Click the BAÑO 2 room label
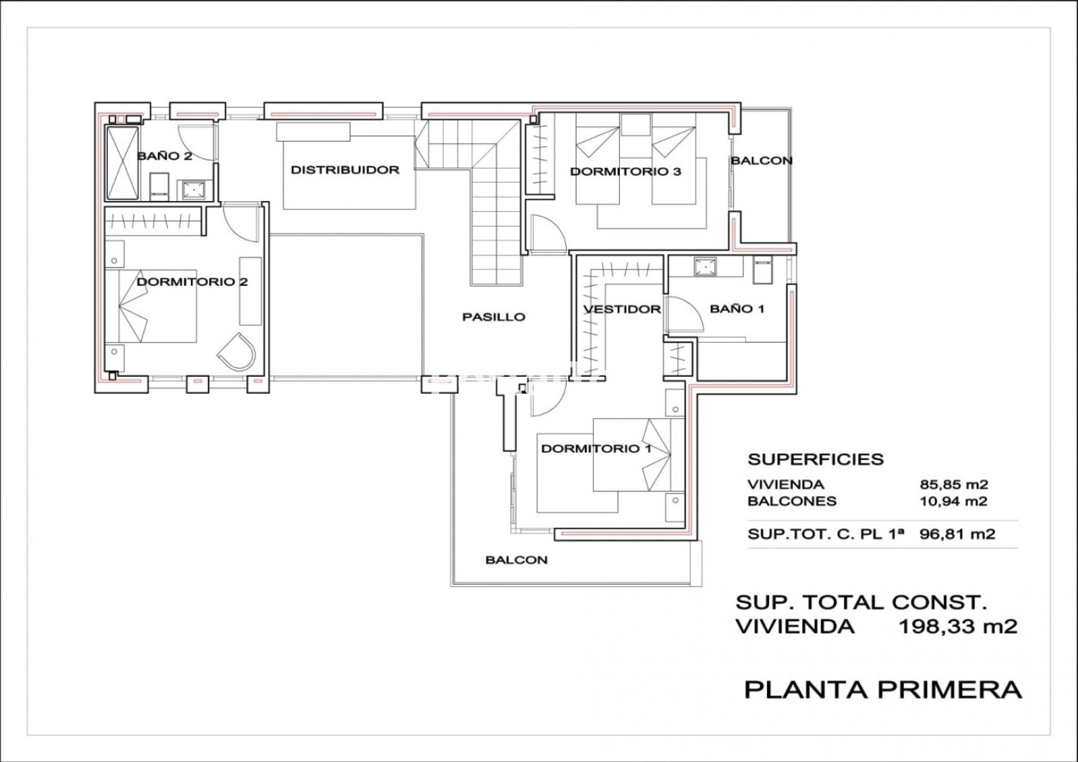coord(164,156)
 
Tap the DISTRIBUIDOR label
coord(345,169)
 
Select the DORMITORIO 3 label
coord(625,171)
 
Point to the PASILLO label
coord(494,317)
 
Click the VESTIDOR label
coord(623,309)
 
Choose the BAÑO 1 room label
coord(737,309)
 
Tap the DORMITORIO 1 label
coord(596,449)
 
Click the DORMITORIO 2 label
coord(192,282)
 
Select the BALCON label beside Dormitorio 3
coord(762,161)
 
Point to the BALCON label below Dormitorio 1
coord(516,560)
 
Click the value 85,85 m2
coord(954,484)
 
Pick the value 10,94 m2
coord(954,502)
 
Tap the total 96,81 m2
coord(957,534)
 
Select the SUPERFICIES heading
coord(816,459)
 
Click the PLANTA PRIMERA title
coord(883,690)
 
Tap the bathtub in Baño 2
coord(122,163)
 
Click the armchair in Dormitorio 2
coord(236,352)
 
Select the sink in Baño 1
coord(705,267)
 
